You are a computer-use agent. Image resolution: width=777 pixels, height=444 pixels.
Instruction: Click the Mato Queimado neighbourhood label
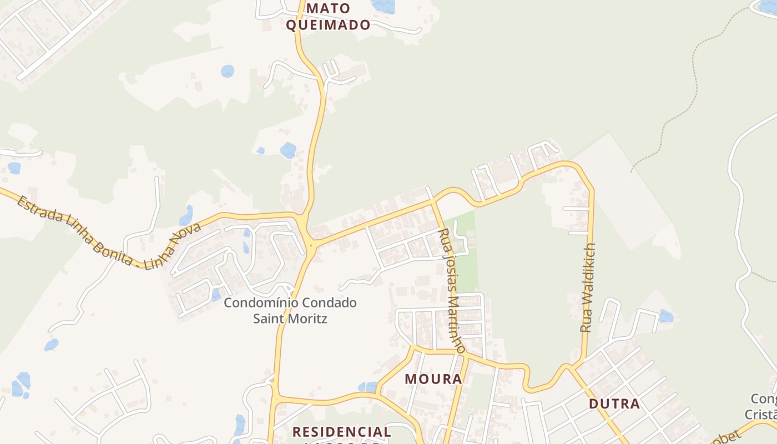click(x=327, y=17)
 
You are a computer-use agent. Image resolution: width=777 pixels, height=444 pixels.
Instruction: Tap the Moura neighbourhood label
click(x=433, y=379)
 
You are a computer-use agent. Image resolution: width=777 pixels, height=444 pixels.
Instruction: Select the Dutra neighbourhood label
click(x=614, y=403)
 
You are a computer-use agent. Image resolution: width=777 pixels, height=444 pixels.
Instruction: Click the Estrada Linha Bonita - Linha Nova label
click(x=100, y=232)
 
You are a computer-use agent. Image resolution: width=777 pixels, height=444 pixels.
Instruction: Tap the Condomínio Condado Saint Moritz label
click(x=290, y=311)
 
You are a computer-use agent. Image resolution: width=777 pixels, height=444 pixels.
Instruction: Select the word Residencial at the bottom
click(x=341, y=431)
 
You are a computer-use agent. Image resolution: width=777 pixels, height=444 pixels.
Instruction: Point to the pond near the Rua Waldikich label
click(x=666, y=316)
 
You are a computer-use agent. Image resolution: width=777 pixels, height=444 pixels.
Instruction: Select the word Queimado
click(x=327, y=25)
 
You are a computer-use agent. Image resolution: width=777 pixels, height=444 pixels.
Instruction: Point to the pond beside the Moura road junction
click(x=367, y=386)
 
